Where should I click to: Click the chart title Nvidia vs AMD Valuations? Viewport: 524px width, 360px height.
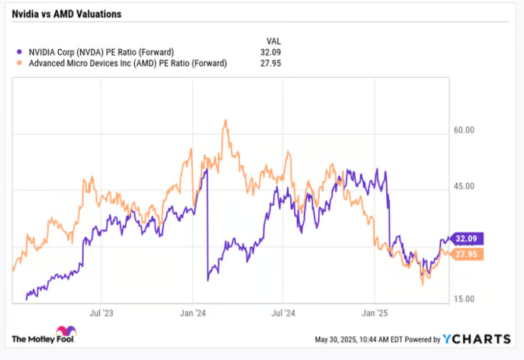point(66,14)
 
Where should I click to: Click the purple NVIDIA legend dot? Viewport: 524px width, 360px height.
point(21,52)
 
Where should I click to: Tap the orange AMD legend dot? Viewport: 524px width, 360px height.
point(21,63)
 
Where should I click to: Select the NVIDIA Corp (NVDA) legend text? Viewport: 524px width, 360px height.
point(101,52)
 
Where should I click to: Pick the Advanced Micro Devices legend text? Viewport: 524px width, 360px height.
point(128,63)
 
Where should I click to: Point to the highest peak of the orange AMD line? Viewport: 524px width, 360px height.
point(225,120)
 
